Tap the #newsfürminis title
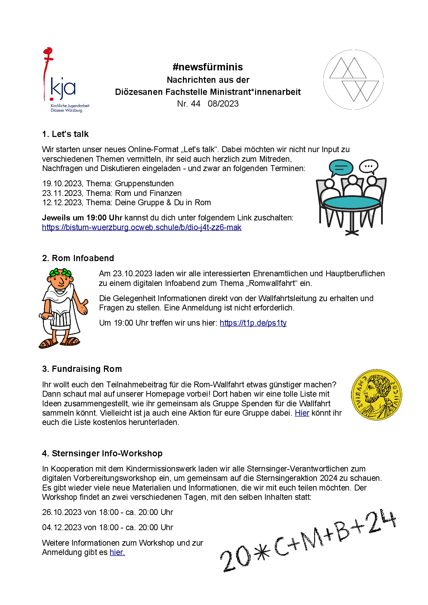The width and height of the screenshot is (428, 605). pyautogui.click(x=208, y=67)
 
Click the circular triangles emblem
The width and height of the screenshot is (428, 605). pyautogui.click(x=353, y=80)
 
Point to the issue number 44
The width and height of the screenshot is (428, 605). pyautogui.click(x=195, y=104)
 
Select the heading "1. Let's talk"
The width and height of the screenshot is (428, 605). pyautogui.click(x=65, y=134)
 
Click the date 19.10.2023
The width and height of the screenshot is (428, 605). pyautogui.click(x=62, y=184)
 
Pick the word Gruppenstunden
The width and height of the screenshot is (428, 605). pyautogui.click(x=144, y=184)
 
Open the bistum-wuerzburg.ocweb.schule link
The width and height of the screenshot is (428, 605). pyautogui.click(x=142, y=228)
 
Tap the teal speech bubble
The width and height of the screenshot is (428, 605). pyautogui.click(x=341, y=168)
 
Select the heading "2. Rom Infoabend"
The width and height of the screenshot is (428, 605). pyautogui.click(x=78, y=258)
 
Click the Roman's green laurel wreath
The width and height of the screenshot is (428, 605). pyautogui.click(x=61, y=273)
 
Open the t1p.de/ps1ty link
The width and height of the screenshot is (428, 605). pyautogui.click(x=253, y=323)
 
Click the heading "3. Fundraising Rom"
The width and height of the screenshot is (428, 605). pyautogui.click(x=82, y=369)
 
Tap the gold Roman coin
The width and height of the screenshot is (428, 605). pyautogui.click(x=377, y=395)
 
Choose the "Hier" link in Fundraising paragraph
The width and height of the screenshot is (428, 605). pyautogui.click(x=302, y=413)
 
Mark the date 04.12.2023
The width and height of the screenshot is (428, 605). pyautogui.click(x=62, y=527)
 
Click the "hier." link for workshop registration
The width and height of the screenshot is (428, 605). pyautogui.click(x=117, y=553)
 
